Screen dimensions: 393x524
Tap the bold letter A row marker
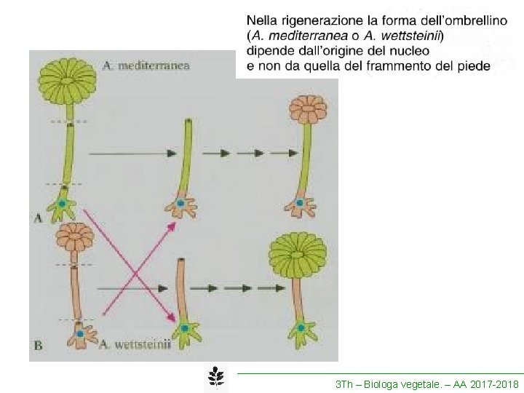click(38, 216)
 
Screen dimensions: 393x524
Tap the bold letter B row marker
click(38, 346)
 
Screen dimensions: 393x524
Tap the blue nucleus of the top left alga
click(63, 205)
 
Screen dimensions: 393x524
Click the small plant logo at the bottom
click(215, 377)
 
